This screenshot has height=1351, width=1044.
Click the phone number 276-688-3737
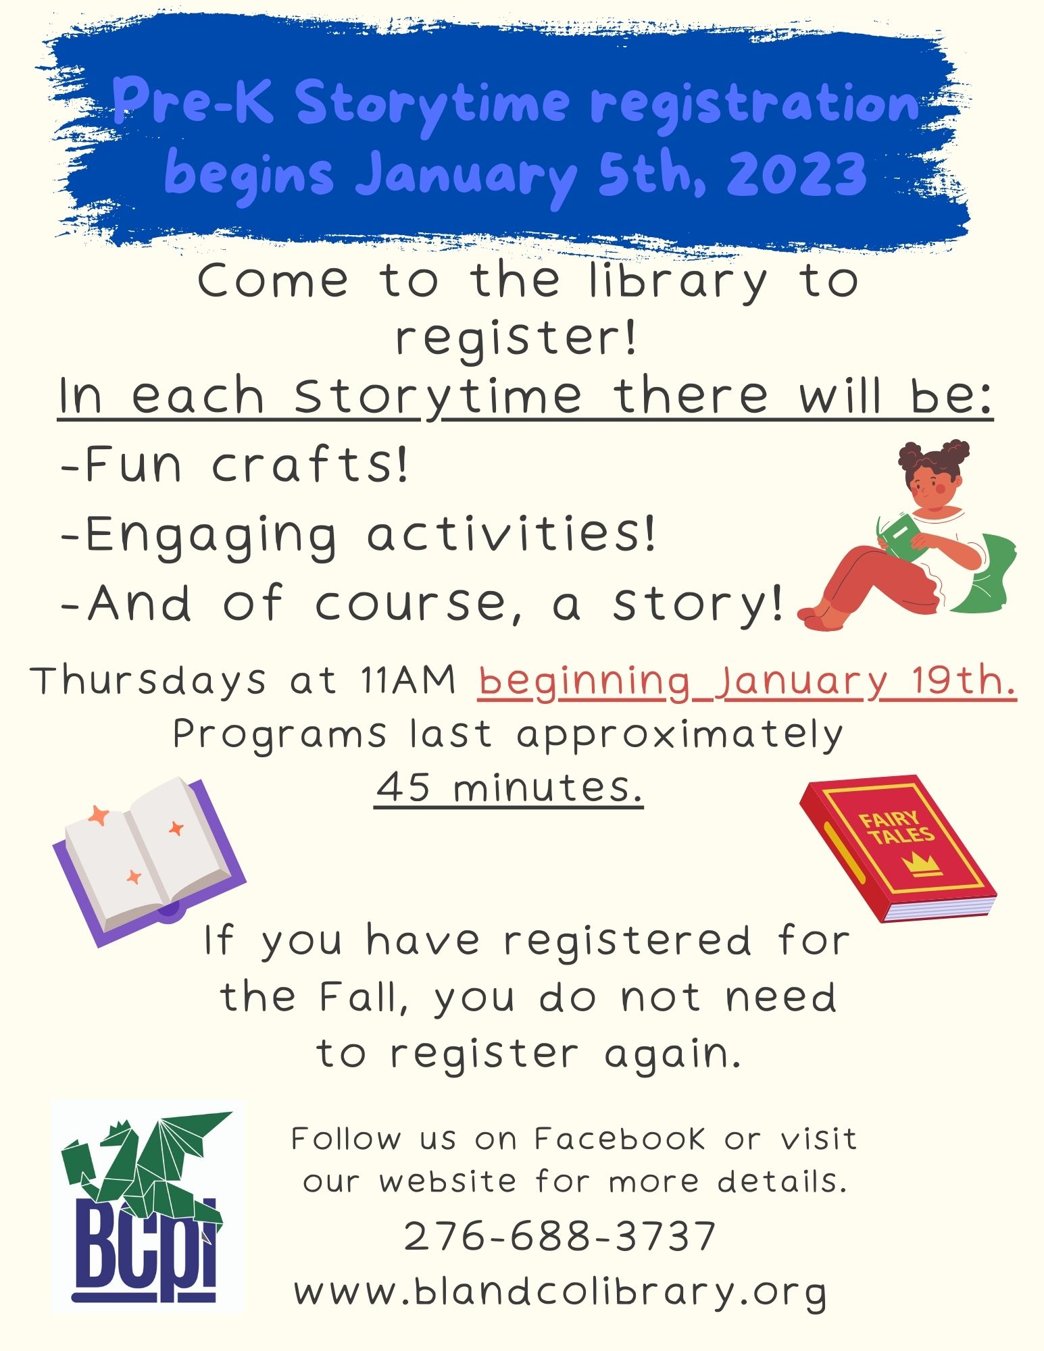pos(560,1235)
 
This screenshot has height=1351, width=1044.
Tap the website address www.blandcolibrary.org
pos(560,1292)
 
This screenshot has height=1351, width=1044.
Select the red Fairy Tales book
pos(898,848)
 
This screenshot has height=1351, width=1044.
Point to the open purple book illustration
pos(149,862)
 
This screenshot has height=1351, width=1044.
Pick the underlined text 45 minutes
pos(509,788)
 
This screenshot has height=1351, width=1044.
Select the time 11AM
pos(407,680)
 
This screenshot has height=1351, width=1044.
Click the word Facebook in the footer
pos(620,1140)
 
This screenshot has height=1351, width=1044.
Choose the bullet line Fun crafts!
pos(234,465)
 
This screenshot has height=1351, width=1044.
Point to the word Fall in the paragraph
pos(364,996)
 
